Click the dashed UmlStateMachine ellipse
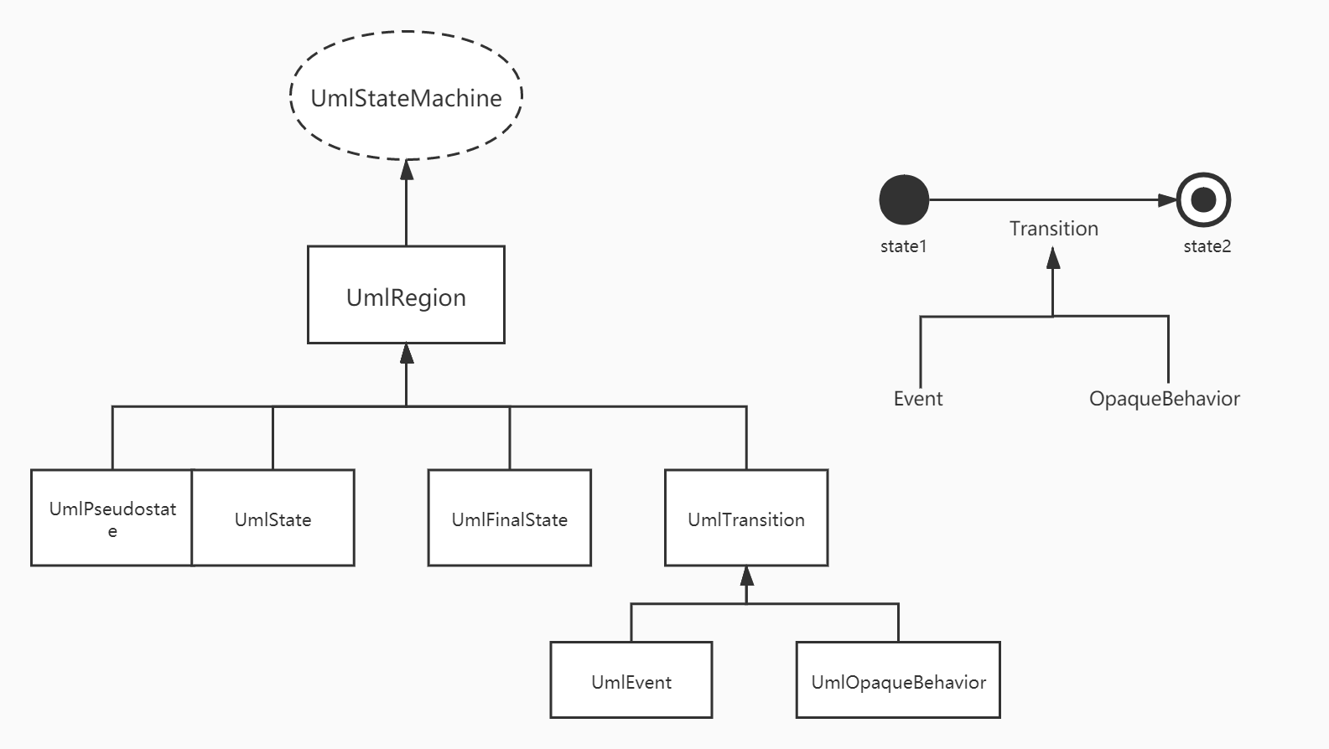407,32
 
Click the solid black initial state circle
904,200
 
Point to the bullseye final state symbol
1204,200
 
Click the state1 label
904,246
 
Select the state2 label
1207,246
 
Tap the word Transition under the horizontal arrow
1054,229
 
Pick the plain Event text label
918,399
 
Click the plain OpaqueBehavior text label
1165,399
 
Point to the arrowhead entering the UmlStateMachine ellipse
407,169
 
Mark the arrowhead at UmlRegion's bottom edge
407,354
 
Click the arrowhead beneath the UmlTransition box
747,576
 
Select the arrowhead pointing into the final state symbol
1167,200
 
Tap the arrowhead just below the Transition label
1053,257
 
